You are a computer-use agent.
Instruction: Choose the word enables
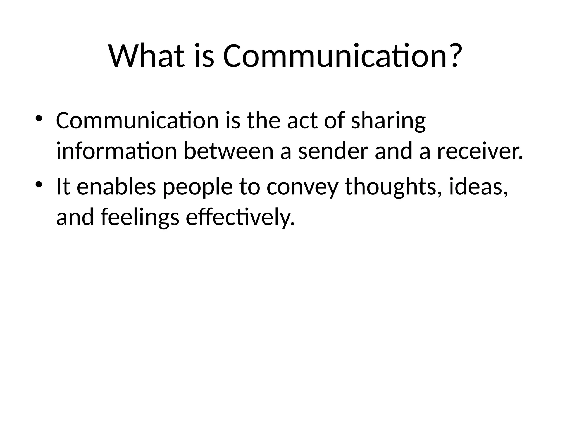[116, 187]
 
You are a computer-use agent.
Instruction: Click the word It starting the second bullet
[63, 187]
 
